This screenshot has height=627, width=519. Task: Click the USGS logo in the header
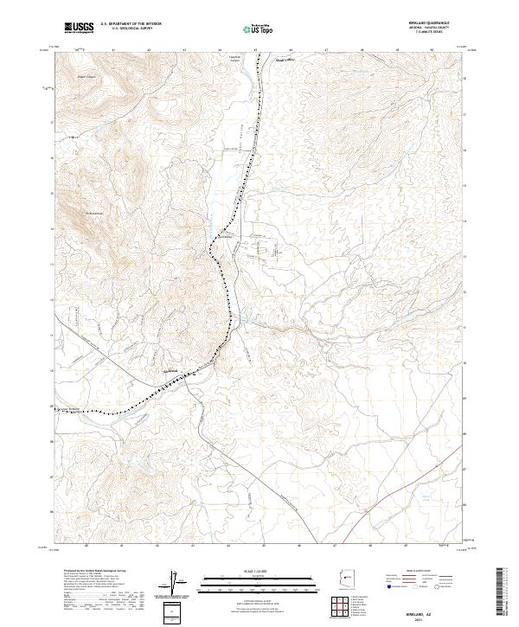point(79,29)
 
